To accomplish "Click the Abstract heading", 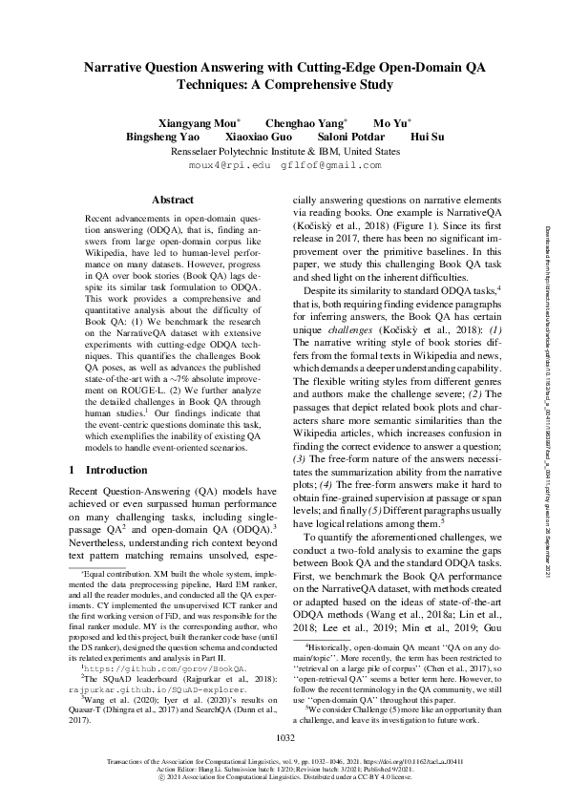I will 172,200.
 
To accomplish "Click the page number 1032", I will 284,738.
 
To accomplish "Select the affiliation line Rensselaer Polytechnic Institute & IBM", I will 284,151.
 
